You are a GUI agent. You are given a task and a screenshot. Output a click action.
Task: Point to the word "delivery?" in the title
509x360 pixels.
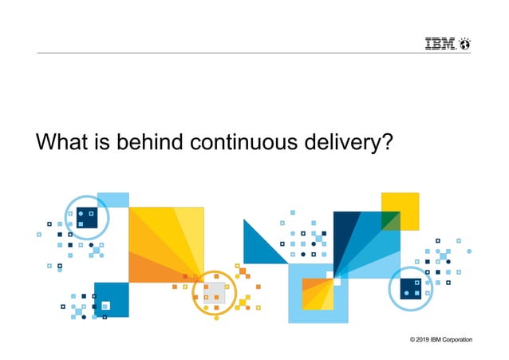(x=353, y=144)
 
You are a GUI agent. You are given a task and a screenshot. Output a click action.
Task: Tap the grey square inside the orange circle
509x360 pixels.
(x=214, y=291)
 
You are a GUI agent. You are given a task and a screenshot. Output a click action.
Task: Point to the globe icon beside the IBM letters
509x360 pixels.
(x=464, y=44)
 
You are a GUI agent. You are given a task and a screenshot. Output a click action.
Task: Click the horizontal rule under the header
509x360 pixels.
(x=254, y=53)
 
